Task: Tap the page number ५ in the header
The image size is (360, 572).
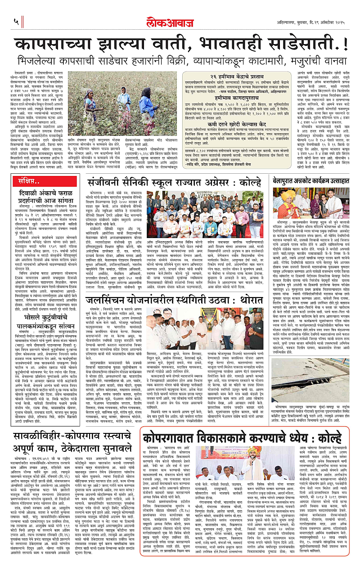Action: click(x=16, y=22)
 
